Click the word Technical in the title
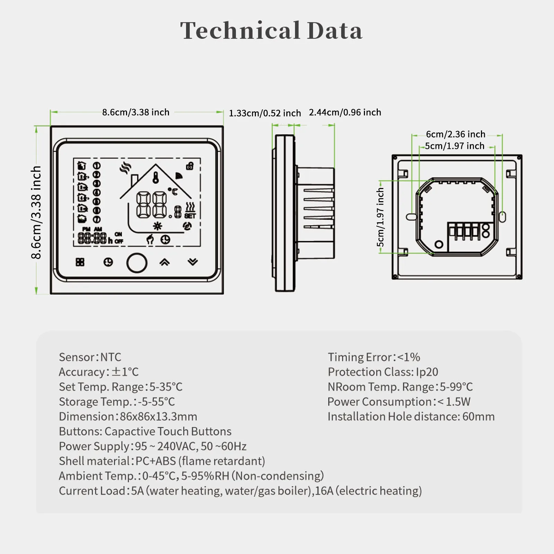(240, 30)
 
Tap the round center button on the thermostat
(137, 263)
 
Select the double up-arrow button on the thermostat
(164, 262)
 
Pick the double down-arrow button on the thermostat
(193, 262)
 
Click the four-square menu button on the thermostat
(80, 262)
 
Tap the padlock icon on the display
(190, 166)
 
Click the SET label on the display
(190, 216)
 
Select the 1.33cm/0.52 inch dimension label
(265, 113)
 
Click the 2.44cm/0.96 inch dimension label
(345, 113)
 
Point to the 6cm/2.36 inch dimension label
(456, 134)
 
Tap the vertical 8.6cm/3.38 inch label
(36, 212)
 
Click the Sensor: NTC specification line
(90, 357)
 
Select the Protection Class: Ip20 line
(383, 372)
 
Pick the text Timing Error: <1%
(374, 357)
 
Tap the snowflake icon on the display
(158, 226)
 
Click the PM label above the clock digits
(86, 229)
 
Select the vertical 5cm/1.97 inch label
(380, 217)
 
